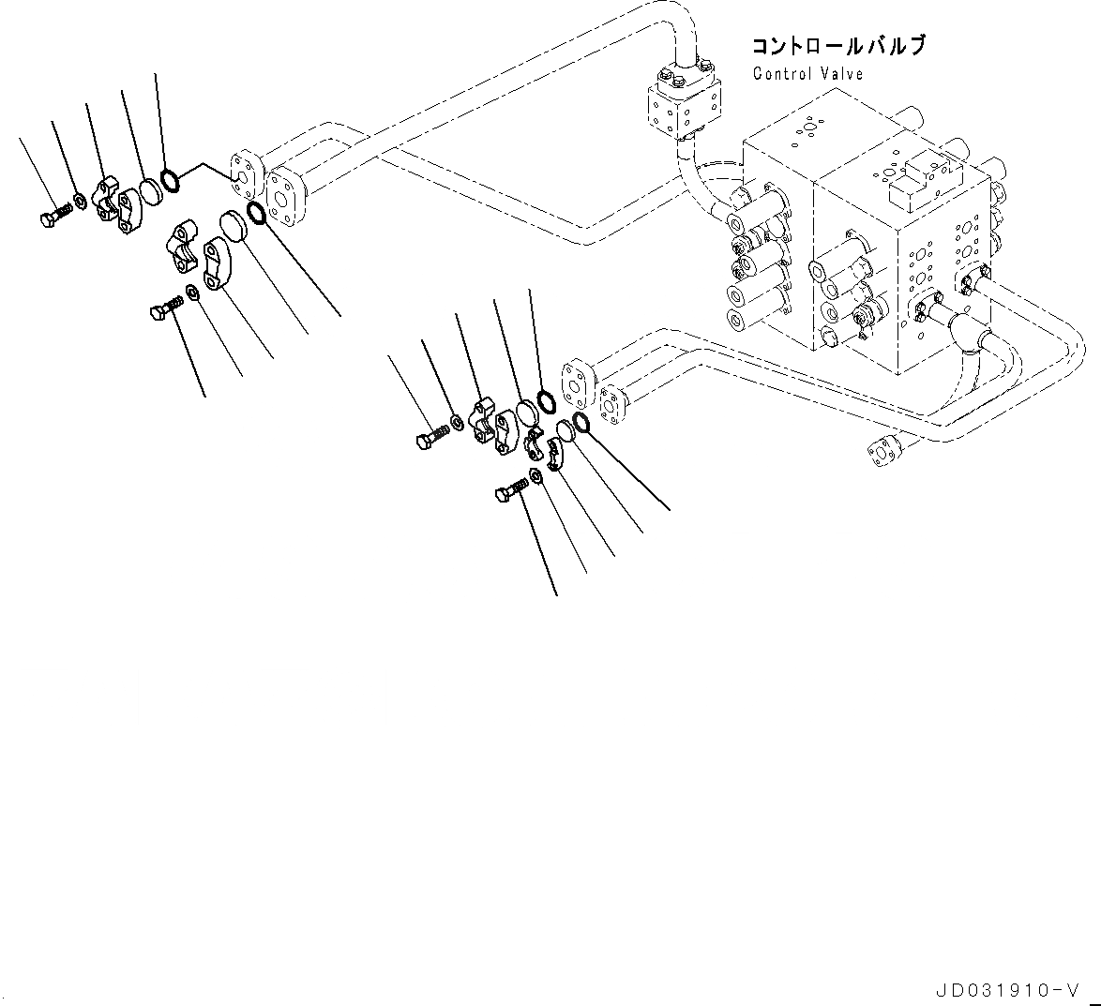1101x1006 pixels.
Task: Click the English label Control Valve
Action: tap(807, 73)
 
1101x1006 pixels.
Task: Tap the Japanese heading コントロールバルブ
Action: tap(837, 46)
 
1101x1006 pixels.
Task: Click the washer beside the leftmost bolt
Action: tap(81, 201)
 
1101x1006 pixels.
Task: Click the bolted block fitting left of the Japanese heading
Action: tap(686, 105)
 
